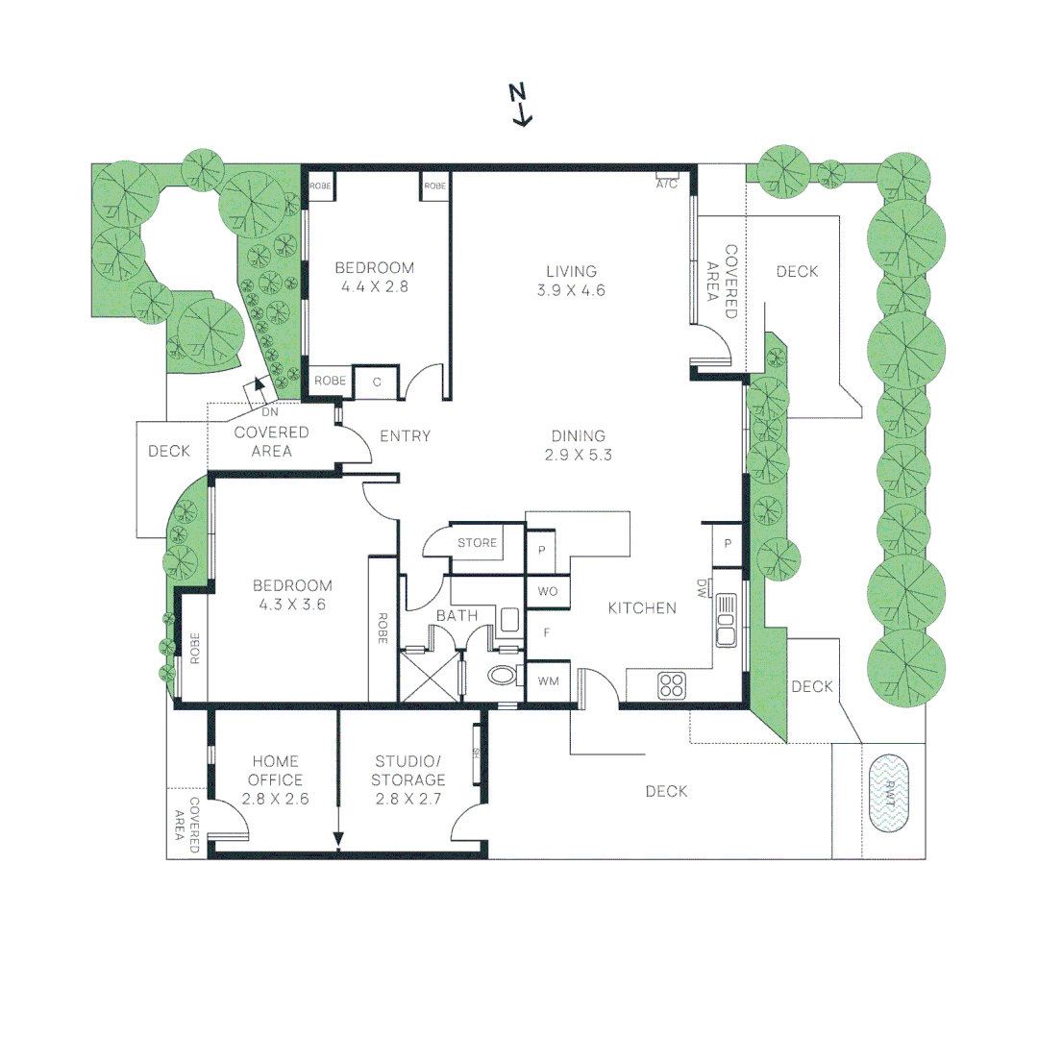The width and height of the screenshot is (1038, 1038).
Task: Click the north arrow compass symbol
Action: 520,105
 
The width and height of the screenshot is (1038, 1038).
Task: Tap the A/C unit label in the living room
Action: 667,183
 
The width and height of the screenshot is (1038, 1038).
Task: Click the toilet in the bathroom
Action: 503,675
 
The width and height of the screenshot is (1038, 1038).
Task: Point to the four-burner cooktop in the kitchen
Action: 671,685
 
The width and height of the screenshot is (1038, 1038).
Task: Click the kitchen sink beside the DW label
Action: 727,619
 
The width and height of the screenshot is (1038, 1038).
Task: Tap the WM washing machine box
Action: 548,681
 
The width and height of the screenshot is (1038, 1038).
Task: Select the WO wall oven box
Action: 548,592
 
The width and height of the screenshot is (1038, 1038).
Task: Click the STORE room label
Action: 477,543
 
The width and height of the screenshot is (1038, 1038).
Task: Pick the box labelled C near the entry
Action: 377,382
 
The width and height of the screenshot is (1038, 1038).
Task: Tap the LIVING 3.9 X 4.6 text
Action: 572,281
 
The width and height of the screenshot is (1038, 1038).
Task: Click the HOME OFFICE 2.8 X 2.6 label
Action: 276,779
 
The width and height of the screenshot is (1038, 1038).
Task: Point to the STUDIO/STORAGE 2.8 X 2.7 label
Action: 410,779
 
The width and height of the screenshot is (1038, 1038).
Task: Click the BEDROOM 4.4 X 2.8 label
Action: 374,277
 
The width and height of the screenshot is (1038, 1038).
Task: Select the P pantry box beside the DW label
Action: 728,543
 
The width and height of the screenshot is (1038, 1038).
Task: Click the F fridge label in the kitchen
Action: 547,633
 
